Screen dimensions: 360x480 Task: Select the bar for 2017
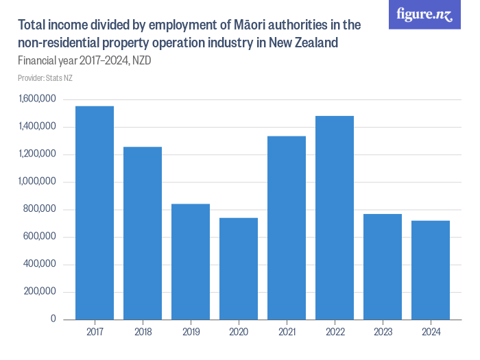(95, 213)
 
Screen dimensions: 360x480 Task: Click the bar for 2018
(143, 233)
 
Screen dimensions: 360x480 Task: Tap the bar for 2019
(191, 261)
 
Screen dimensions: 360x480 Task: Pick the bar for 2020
(239, 268)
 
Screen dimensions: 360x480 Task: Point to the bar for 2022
(335, 217)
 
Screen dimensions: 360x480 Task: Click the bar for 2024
(431, 269)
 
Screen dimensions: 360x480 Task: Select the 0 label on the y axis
(52, 319)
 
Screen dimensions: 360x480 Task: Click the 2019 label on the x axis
(191, 332)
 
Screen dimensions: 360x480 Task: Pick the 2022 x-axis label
(335, 332)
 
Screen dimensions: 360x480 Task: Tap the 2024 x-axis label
(431, 332)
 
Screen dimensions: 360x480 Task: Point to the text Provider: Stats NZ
(45, 78)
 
